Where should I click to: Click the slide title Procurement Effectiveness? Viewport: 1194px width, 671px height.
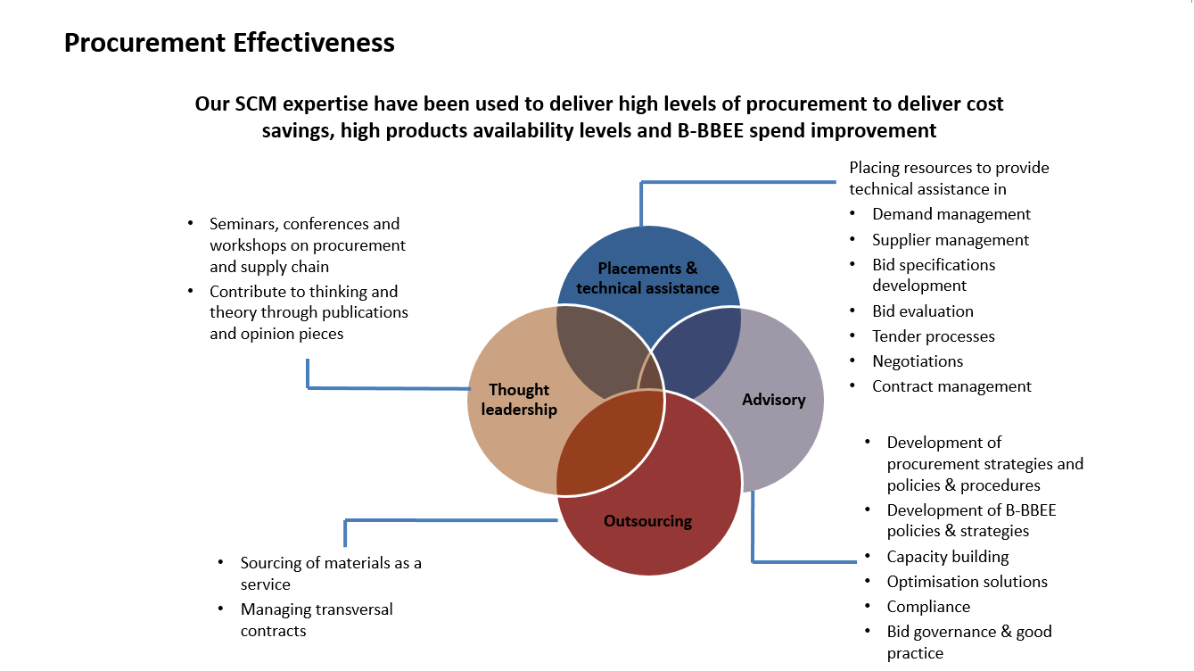(229, 43)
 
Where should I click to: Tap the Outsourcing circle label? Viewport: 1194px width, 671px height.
(647, 521)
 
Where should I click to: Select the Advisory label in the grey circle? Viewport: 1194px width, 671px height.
(773, 400)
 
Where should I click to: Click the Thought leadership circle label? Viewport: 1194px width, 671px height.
(519, 400)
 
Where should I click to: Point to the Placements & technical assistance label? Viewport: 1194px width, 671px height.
(647, 278)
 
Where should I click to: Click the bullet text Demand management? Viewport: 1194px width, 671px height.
(951, 214)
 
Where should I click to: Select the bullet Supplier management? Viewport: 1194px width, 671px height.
(950, 240)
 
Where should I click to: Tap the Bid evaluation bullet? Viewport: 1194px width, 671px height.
(922, 311)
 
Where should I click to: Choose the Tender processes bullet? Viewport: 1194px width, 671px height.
(933, 336)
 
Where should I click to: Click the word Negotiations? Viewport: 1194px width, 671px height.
(917, 361)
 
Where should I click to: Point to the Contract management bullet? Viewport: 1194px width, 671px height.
(951, 386)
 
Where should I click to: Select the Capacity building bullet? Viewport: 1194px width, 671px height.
(947, 557)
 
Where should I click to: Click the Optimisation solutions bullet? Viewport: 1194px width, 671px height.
(967, 582)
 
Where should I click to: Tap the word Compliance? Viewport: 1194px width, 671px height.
(927, 607)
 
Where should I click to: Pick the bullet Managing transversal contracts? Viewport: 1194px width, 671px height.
(316, 620)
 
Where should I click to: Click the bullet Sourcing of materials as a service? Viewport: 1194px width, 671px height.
(330, 574)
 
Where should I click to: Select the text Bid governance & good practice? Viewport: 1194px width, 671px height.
(968, 642)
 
